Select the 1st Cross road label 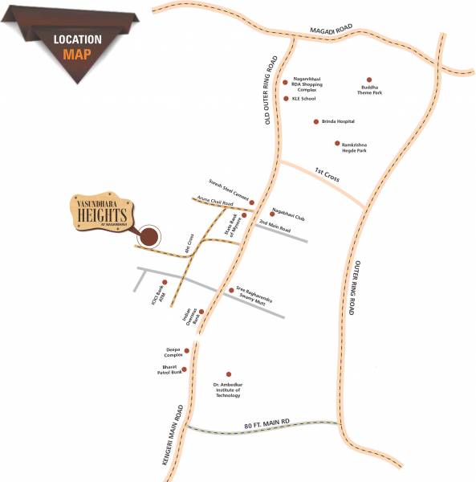pyautogui.click(x=328, y=174)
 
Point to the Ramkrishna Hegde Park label pyautogui.click(x=356, y=146)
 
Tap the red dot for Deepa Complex pyautogui.click(x=187, y=350)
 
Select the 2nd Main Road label pyautogui.click(x=275, y=229)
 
